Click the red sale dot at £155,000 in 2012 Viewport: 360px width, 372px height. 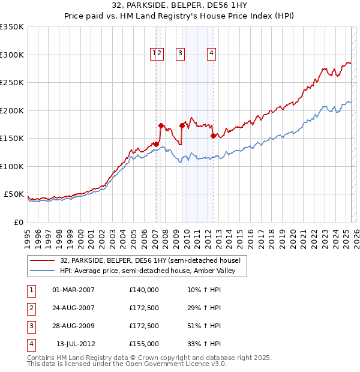(213, 136)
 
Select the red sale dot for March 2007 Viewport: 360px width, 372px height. (156, 144)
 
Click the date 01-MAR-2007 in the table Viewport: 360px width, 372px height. (73, 290)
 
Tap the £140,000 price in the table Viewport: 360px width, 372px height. (144, 290)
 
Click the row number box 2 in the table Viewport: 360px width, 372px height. (30, 308)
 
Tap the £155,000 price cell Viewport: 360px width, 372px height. (144, 344)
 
